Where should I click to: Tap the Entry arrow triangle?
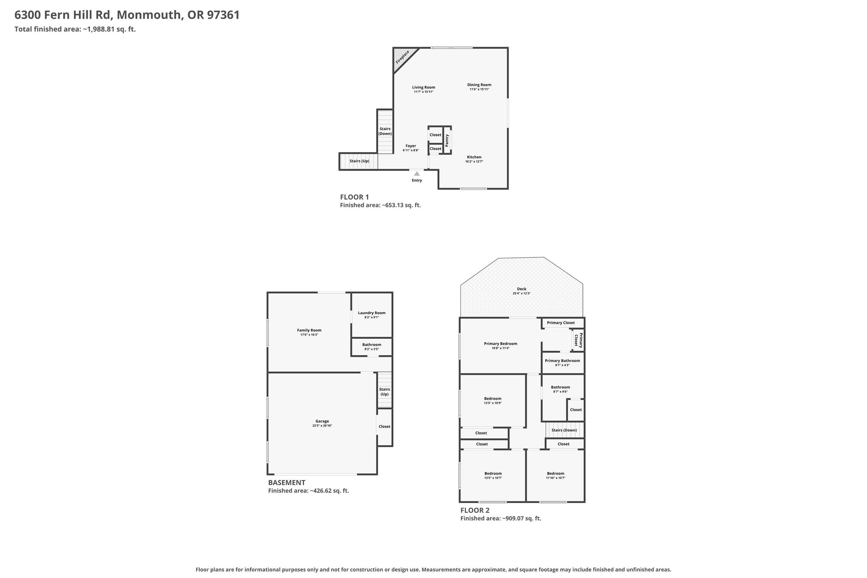click(x=417, y=173)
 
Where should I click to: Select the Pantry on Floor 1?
click(x=447, y=140)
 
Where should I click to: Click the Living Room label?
click(x=424, y=87)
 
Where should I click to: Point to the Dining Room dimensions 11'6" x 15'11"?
click(x=479, y=89)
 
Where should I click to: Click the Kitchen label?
click(x=474, y=157)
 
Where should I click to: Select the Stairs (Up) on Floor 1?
click(x=359, y=161)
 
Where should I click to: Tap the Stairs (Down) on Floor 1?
click(x=385, y=131)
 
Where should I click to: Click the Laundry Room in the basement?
click(x=372, y=315)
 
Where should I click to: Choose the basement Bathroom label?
click(x=372, y=345)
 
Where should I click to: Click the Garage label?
click(x=322, y=421)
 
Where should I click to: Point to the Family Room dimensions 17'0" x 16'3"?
click(x=309, y=335)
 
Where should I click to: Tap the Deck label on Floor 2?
click(x=522, y=289)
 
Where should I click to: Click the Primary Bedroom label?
click(x=501, y=343)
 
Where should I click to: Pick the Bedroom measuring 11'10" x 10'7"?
click(x=555, y=476)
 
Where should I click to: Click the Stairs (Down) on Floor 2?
click(x=564, y=430)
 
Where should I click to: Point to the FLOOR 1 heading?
click(x=355, y=197)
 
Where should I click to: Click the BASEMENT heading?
click(x=287, y=482)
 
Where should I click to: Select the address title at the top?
click(x=127, y=15)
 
